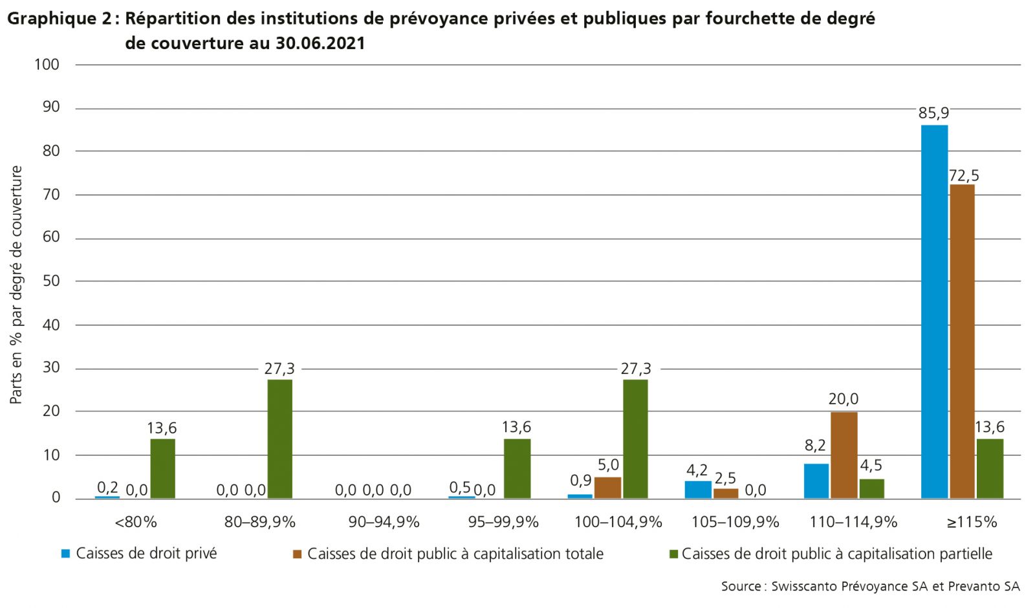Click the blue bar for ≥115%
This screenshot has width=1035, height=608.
click(x=934, y=311)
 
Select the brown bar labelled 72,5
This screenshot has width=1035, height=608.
click(x=962, y=341)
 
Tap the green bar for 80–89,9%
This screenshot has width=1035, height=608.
click(x=279, y=439)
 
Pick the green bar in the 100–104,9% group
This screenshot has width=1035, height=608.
click(x=635, y=439)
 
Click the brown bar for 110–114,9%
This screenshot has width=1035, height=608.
click(x=844, y=455)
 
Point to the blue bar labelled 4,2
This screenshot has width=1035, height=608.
click(x=698, y=490)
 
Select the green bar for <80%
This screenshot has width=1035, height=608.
click(x=162, y=468)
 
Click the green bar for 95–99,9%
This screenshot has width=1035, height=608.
click(x=517, y=468)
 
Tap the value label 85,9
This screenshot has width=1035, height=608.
click(x=933, y=113)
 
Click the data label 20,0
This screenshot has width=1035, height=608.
click(x=844, y=399)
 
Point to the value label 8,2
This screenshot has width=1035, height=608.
click(x=815, y=445)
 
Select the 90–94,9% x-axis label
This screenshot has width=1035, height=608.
click(x=384, y=522)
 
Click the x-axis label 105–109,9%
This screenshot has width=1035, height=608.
click(x=735, y=522)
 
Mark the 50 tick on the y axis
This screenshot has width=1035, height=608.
click(x=50, y=281)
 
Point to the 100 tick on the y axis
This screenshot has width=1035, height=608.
click(x=47, y=64)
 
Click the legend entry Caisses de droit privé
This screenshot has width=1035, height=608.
click(x=146, y=554)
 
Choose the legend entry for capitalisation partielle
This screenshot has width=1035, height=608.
click(x=836, y=554)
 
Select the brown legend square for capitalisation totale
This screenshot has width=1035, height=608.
click(x=298, y=554)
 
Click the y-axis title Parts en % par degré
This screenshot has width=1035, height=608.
click(x=16, y=285)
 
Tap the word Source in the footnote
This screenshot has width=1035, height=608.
click(x=741, y=587)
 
